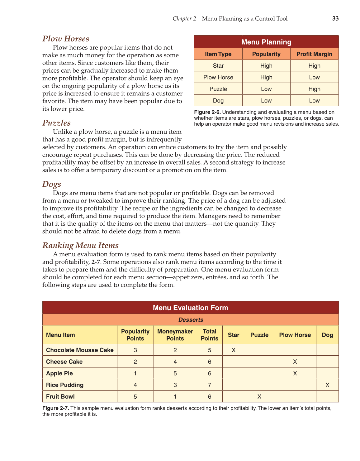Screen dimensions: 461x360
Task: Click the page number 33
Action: coord(335,19)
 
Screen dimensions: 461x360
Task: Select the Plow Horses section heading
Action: coord(66,39)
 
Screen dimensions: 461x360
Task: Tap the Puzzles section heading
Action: coord(56,123)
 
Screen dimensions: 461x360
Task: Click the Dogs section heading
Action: coord(52,184)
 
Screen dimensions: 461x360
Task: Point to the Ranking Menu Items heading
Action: coord(80,245)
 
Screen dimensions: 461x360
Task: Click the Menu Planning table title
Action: coord(266,42)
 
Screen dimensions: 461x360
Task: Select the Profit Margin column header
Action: coord(314,54)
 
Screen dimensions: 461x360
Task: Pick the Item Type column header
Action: coord(218,54)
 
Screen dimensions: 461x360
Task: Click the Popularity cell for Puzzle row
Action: coord(266,89)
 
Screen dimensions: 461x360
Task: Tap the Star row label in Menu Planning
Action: coord(218,66)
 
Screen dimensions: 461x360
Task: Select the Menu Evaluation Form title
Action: coord(190,308)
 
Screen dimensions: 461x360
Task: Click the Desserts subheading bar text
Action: coord(191,320)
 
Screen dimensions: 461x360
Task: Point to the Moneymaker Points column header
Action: coord(175,335)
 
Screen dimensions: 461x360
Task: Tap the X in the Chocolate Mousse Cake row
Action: coord(234,350)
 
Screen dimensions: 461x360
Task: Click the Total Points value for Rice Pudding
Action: coord(210,385)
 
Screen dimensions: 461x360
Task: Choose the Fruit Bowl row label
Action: coord(60,396)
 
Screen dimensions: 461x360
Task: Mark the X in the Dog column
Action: coord(327,385)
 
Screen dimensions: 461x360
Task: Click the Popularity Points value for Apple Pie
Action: coord(135,373)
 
